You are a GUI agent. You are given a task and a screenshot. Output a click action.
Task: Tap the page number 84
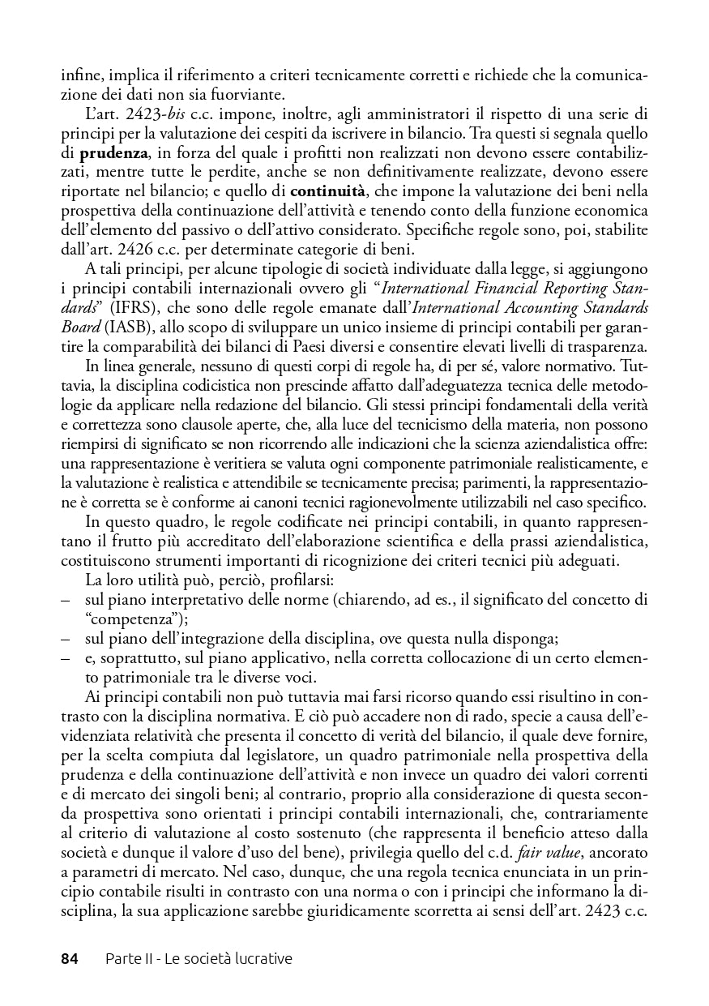(x=70, y=959)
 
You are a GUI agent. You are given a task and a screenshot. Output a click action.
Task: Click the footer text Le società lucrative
(x=228, y=959)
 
